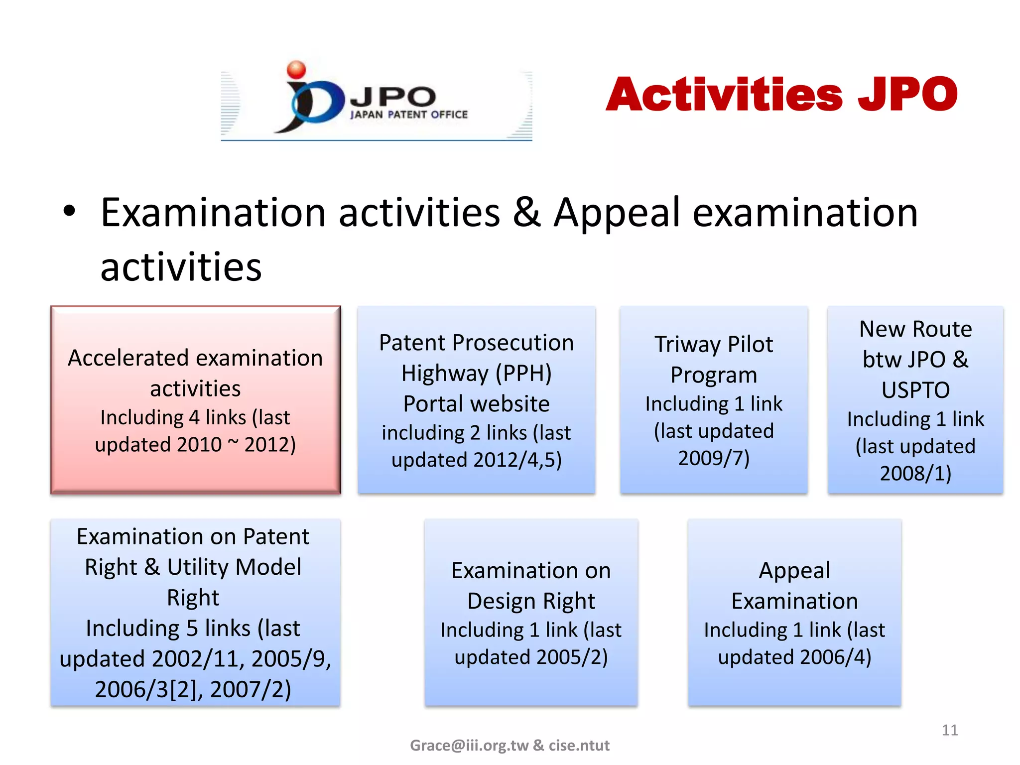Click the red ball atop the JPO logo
pyautogui.click(x=296, y=69)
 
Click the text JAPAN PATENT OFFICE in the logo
pyautogui.click(x=408, y=115)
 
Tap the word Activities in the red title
pyautogui.click(x=724, y=95)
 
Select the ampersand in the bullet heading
pyautogui.click(x=526, y=213)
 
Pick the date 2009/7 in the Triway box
pyautogui.click(x=710, y=458)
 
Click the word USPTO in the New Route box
pyautogui.click(x=915, y=390)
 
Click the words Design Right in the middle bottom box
pyautogui.click(x=531, y=601)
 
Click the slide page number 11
pyautogui.click(x=950, y=730)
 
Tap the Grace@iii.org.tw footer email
pyautogui.click(x=469, y=745)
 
